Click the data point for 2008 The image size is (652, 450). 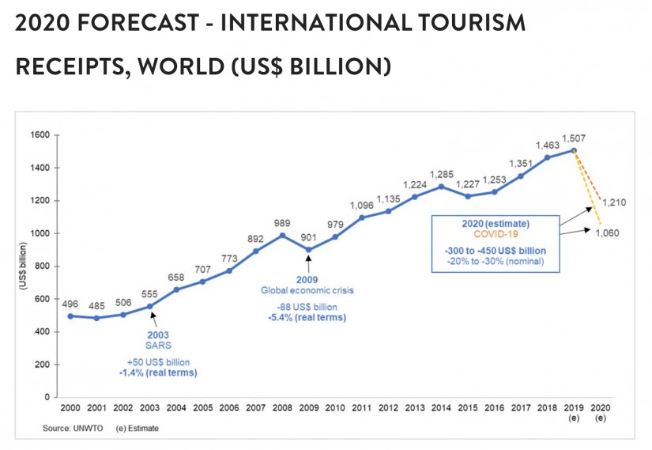pos(282,235)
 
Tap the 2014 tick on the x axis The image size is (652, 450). pos(441,409)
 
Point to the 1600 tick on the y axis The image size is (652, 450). pos(40,135)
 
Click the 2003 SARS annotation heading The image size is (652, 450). pos(157,335)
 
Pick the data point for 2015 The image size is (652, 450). pos(467,196)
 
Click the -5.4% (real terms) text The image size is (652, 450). pos(307,317)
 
